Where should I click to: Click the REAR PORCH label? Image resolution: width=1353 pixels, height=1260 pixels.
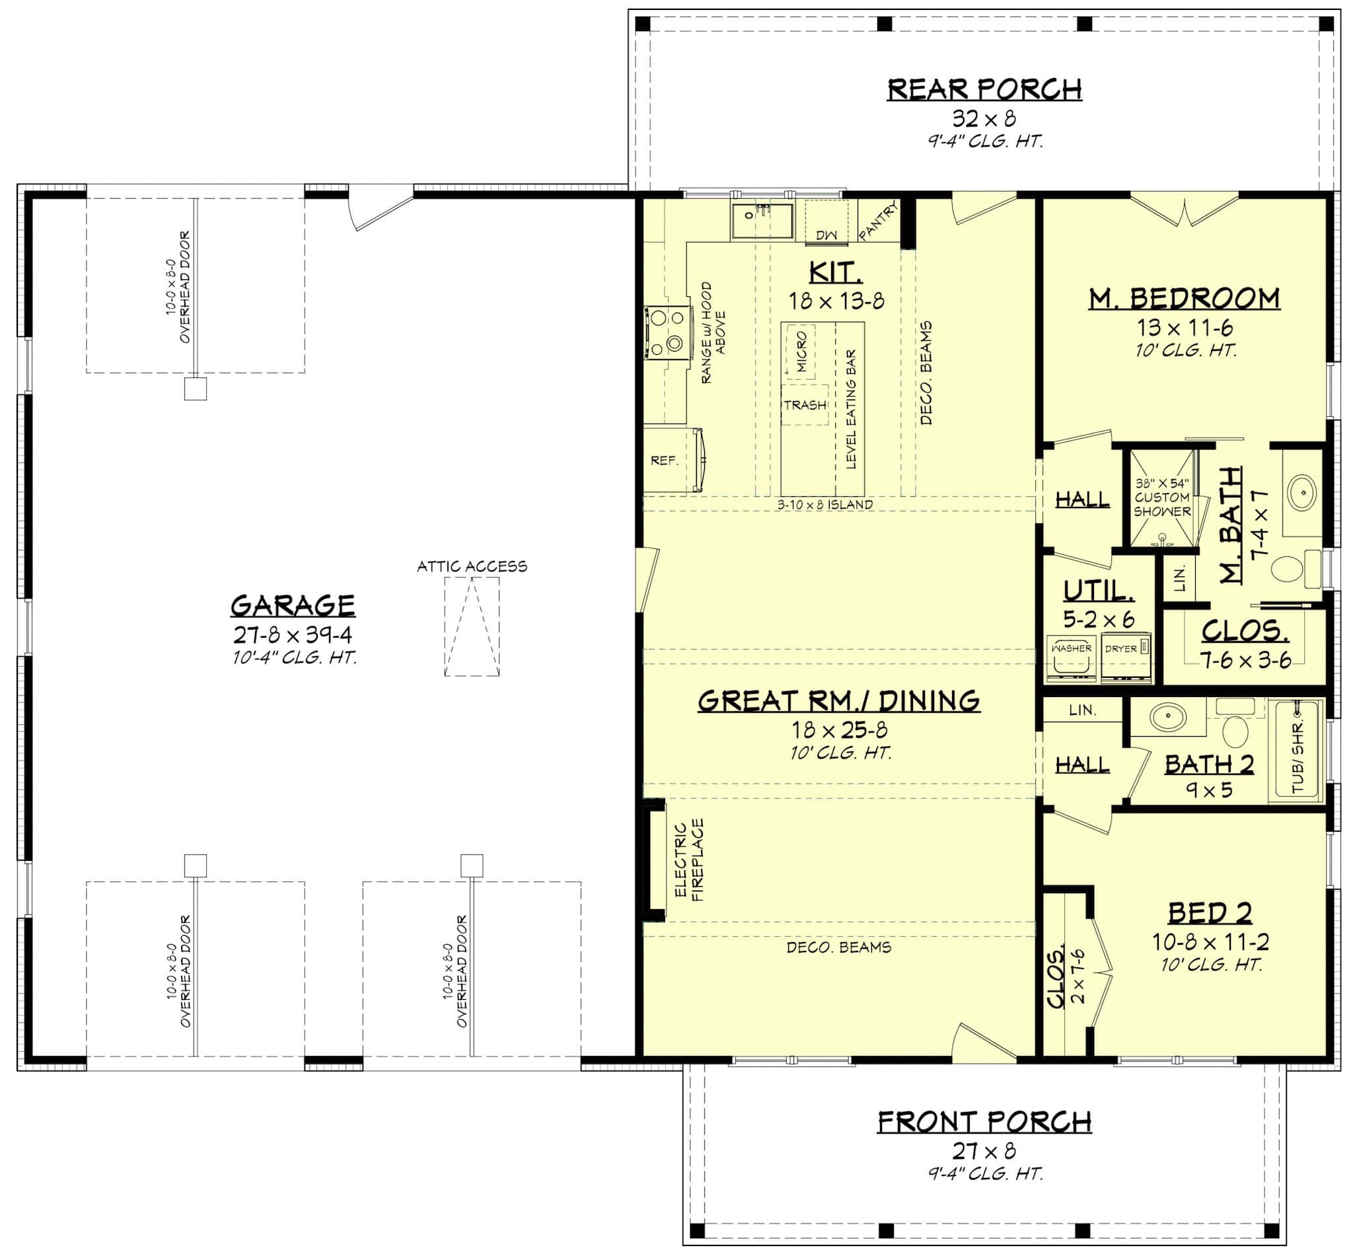[984, 90]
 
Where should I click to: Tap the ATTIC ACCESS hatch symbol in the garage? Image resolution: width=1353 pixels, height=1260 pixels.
[472, 626]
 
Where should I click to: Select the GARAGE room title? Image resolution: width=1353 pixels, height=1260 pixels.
[293, 605]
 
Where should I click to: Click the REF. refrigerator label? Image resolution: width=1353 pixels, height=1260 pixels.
[664, 461]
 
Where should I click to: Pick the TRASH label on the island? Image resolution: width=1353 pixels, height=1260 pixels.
[805, 405]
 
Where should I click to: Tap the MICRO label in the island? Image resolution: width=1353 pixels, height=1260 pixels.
[801, 351]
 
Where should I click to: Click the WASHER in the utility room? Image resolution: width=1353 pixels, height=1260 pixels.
[1072, 659]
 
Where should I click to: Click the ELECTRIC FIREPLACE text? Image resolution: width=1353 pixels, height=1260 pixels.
[689, 860]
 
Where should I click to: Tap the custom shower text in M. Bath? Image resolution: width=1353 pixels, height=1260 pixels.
[1162, 498]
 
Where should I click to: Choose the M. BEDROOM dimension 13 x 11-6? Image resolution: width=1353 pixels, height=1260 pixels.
[1185, 328]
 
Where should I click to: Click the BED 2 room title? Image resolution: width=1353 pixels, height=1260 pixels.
[1210, 913]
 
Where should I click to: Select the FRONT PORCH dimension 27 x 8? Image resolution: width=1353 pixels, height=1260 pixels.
[984, 1150]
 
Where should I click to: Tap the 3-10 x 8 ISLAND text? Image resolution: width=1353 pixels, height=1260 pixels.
[825, 504]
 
